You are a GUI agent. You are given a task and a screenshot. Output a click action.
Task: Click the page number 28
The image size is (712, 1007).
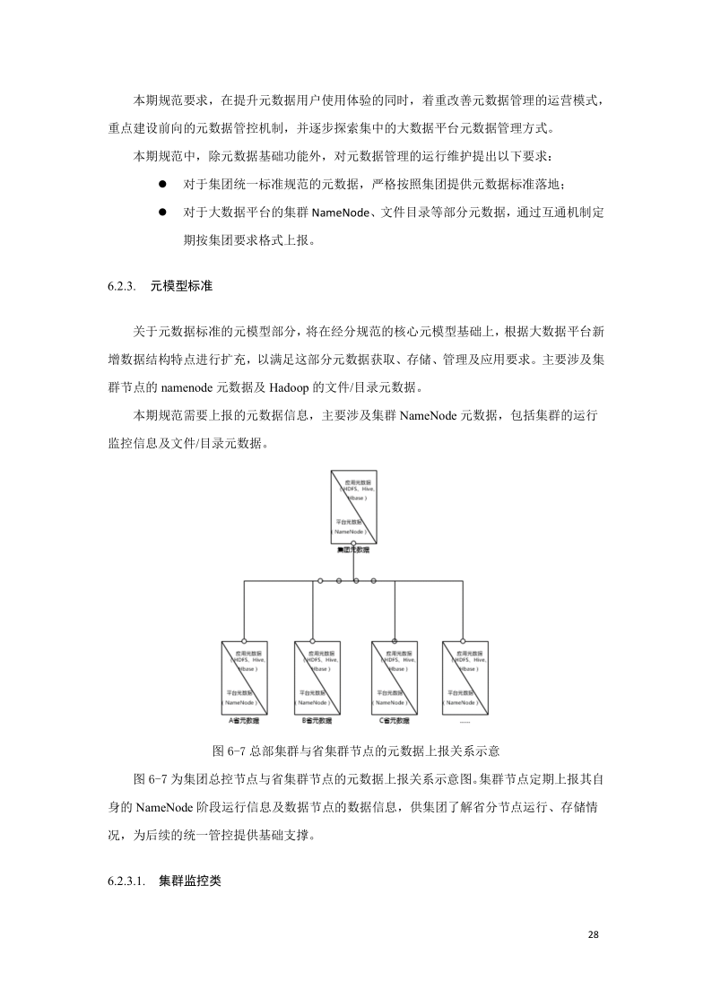[593, 934]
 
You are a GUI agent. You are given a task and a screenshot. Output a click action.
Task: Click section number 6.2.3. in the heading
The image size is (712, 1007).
[121, 286]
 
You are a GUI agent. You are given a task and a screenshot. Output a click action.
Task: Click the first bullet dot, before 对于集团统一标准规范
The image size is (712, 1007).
[163, 184]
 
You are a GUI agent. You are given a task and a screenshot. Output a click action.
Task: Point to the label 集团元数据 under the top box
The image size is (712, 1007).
[353, 550]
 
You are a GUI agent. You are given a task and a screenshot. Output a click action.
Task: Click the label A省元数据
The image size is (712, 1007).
[244, 720]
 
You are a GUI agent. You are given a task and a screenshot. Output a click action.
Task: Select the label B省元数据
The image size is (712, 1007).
[317, 720]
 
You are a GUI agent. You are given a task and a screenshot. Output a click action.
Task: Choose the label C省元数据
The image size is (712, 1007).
[395, 720]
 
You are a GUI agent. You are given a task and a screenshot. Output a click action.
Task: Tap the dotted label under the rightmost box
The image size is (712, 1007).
[465, 720]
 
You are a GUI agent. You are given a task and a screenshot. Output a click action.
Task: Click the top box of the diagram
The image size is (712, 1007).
[353, 507]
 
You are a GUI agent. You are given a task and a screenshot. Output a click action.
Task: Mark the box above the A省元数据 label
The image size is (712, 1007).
[244, 677]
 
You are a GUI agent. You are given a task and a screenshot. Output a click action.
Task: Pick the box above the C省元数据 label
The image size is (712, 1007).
[395, 677]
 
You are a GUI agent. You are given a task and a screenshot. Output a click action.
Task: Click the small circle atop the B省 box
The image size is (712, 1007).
[313, 640]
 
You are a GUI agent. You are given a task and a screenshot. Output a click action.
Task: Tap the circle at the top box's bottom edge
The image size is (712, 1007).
[354, 543]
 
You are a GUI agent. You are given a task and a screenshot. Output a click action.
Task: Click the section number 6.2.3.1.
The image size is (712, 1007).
[126, 881]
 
